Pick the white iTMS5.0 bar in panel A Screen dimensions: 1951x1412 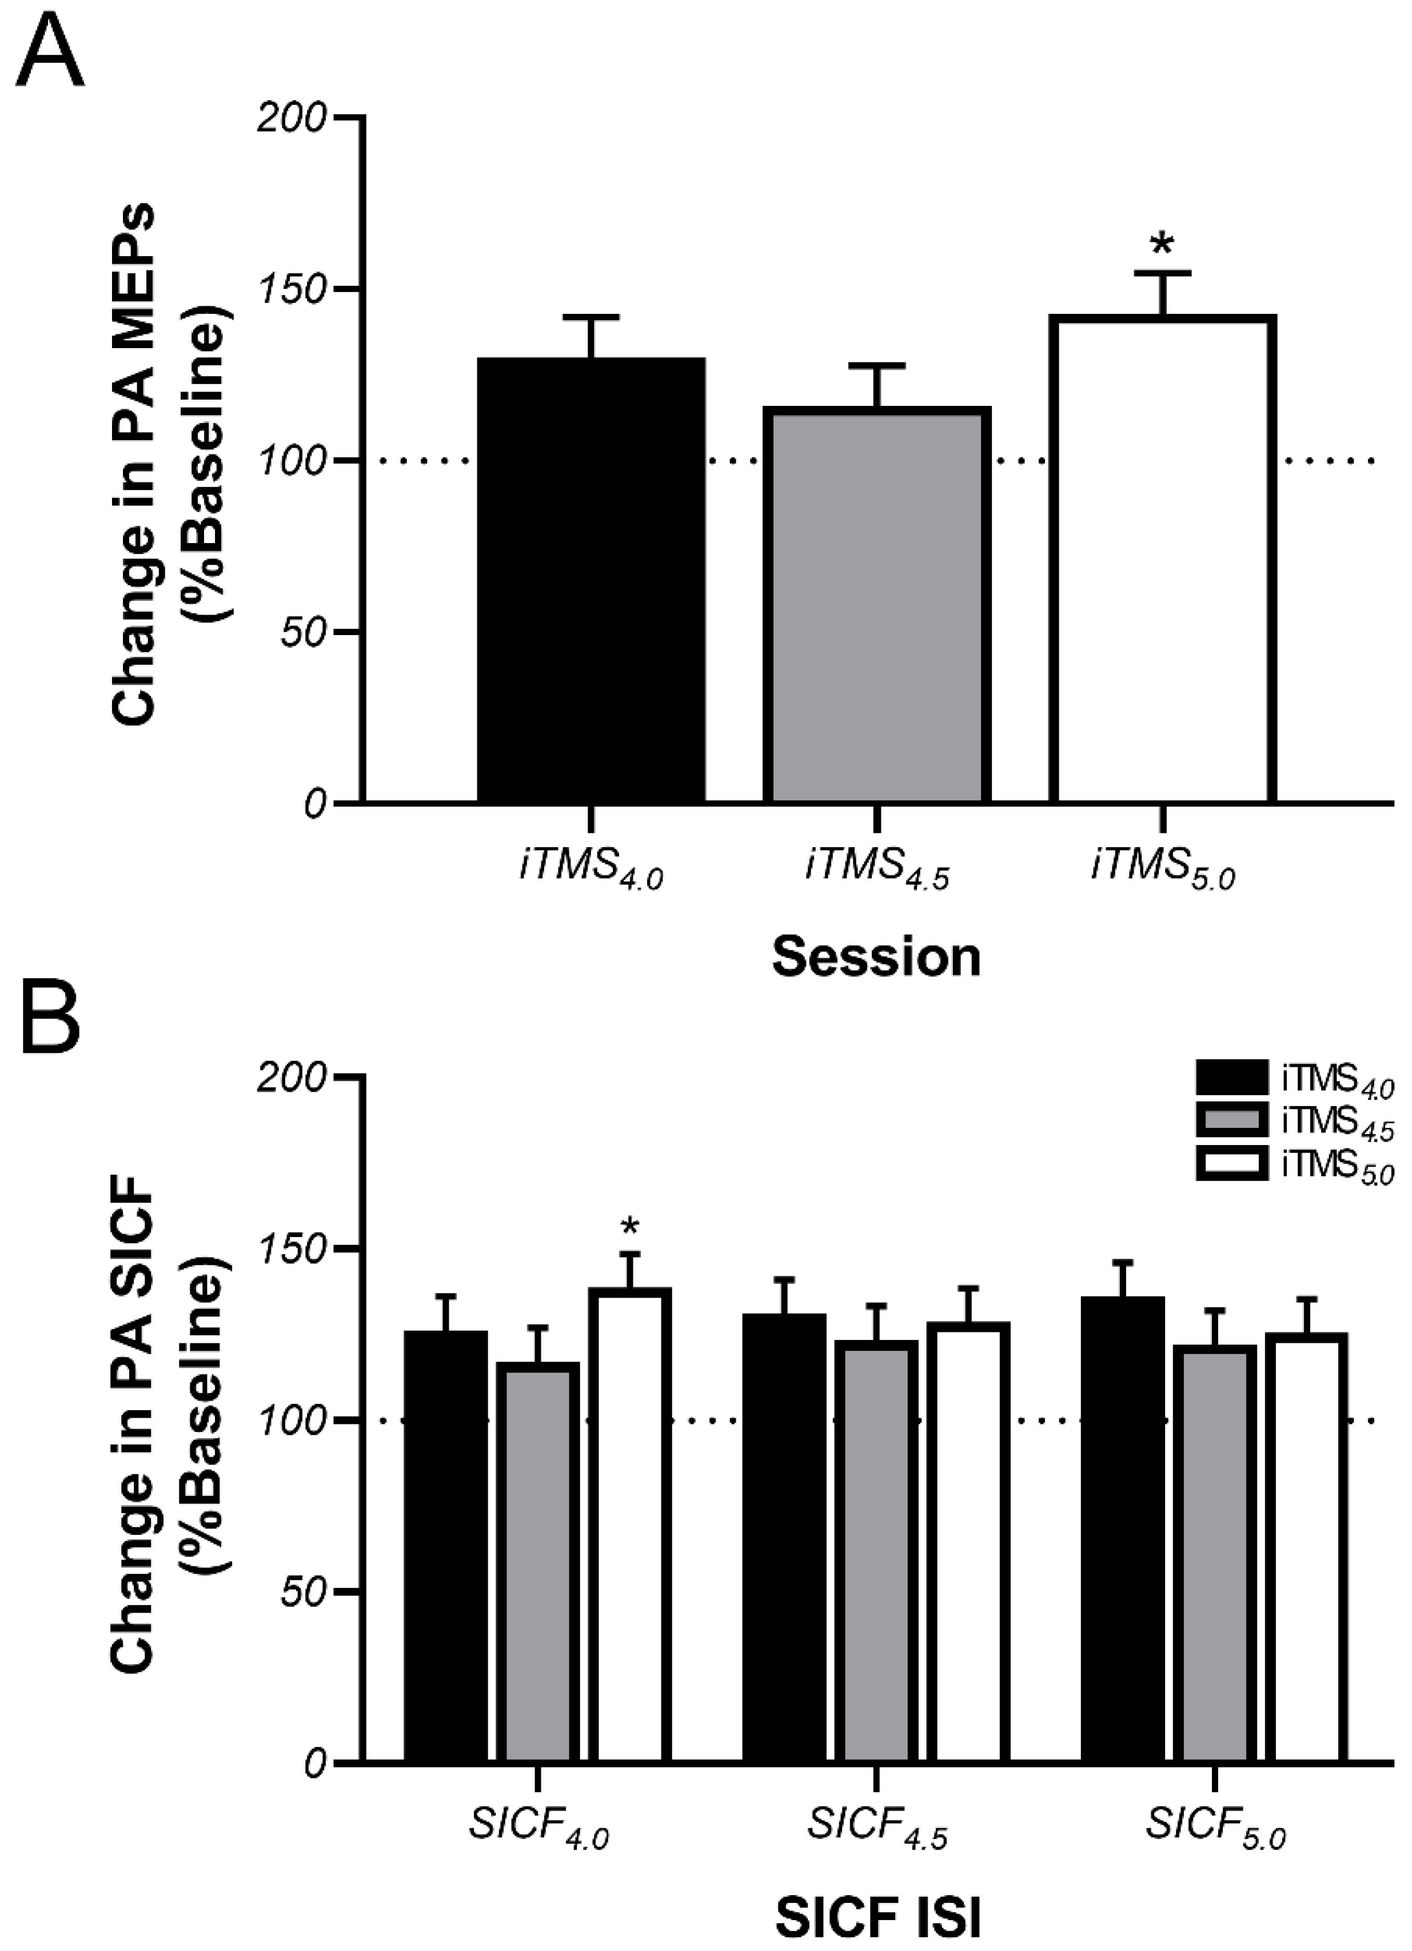tap(1162, 559)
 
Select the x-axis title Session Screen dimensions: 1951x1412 tap(876, 957)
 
